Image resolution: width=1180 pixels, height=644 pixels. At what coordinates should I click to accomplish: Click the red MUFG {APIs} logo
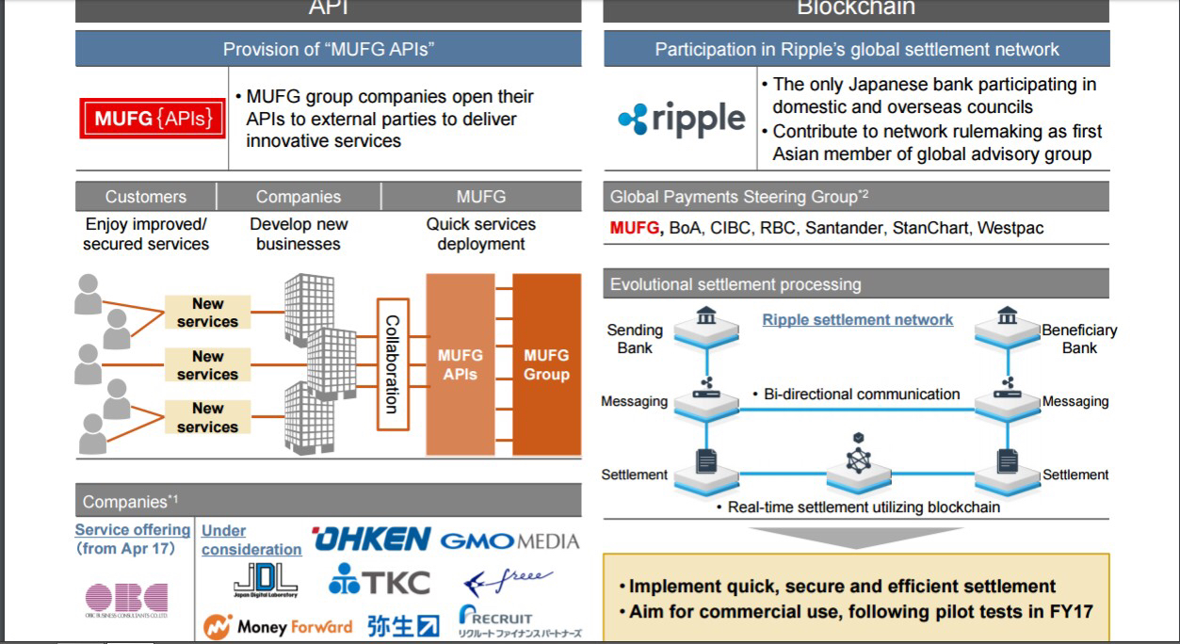click(152, 120)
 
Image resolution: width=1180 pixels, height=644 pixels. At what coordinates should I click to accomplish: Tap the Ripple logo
click(682, 120)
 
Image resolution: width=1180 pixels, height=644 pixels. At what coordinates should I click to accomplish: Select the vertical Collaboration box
click(392, 364)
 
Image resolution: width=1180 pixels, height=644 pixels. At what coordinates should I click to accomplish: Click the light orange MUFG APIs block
click(460, 364)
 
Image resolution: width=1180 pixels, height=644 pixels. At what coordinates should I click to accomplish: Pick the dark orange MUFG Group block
click(546, 364)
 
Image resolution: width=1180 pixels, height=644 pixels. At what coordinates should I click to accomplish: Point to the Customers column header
click(146, 197)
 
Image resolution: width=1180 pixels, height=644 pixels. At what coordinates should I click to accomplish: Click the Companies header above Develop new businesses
click(299, 197)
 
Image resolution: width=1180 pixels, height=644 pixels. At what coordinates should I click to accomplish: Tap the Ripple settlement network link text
click(857, 320)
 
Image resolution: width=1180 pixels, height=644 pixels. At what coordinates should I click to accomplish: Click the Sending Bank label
click(635, 339)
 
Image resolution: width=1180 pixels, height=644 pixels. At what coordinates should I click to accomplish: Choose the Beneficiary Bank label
click(1079, 339)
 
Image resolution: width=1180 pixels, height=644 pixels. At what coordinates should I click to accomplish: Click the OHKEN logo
click(371, 539)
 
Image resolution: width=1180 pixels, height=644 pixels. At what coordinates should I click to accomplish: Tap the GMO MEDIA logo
click(509, 541)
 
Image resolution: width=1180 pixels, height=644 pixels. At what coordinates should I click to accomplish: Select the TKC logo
click(379, 583)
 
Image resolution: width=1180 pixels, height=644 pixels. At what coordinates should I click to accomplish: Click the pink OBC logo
click(126, 599)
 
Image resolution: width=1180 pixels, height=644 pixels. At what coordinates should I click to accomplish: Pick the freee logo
click(509, 582)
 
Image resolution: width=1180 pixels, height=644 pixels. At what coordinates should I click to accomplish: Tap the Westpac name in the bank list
click(1010, 228)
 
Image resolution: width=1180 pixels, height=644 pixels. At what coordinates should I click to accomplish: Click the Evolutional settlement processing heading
click(735, 284)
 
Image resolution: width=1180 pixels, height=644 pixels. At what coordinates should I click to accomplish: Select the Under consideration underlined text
click(251, 540)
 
